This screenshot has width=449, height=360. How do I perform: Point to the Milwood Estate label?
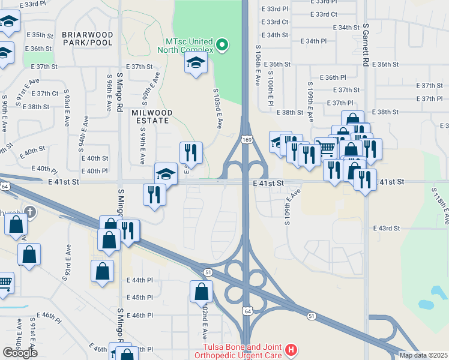[152, 116]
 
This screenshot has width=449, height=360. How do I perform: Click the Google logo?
[20, 352]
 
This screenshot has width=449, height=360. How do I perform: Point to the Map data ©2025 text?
[424, 355]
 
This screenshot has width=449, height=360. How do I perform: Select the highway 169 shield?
[247, 139]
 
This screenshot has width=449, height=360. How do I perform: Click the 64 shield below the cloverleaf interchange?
[247, 311]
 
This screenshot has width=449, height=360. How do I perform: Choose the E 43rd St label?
[386, 229]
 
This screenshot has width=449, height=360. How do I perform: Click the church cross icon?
[31, 212]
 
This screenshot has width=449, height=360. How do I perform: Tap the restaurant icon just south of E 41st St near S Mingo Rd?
[154, 194]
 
